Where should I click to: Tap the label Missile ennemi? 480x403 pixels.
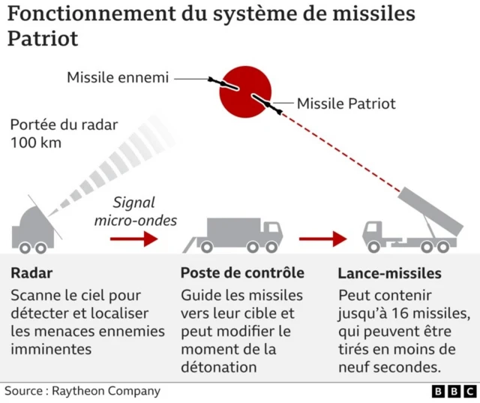pos(118,77)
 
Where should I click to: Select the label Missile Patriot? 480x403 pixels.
pos(346,104)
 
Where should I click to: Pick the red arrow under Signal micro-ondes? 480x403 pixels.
pos(134,239)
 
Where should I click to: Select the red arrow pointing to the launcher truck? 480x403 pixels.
pos(322,239)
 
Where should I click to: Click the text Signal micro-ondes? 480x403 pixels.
pos(135,211)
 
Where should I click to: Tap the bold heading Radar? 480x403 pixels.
pos(31,273)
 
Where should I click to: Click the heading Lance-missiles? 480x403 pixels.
pos(389,273)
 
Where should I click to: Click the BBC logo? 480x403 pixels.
pos(454,391)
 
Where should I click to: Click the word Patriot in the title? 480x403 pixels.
pos(43,38)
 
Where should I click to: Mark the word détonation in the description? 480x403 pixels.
pos(218,367)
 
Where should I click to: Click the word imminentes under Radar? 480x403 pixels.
pos(51,349)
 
